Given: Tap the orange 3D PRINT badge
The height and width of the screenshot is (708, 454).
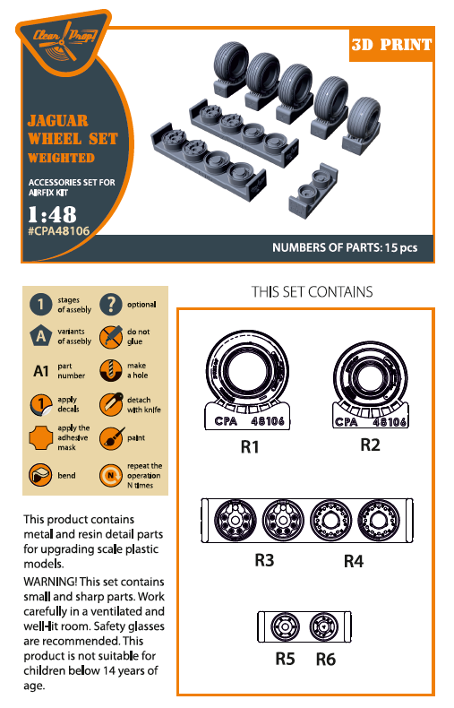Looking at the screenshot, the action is click(x=391, y=45).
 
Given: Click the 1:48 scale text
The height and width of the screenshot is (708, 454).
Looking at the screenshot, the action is click(x=52, y=214).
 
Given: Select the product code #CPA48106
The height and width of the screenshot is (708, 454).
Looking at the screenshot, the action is click(x=59, y=230).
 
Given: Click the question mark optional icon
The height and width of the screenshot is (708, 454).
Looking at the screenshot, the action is click(x=110, y=304).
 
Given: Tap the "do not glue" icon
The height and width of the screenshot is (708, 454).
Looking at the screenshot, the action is click(x=110, y=336).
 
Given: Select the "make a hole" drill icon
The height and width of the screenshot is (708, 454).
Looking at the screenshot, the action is click(x=110, y=370).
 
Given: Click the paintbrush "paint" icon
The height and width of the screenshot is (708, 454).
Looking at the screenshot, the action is click(x=110, y=438).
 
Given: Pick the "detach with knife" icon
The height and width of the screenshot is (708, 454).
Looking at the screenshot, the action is click(x=110, y=404).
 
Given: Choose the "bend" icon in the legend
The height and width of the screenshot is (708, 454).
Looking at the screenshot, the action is click(x=40, y=475).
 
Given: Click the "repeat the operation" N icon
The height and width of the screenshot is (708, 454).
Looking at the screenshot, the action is click(x=110, y=475).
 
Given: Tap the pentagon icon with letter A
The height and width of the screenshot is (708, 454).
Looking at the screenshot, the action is click(x=40, y=336).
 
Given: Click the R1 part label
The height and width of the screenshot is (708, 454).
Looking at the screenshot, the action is click(x=250, y=447).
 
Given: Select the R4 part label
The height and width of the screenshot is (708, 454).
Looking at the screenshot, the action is click(x=354, y=561).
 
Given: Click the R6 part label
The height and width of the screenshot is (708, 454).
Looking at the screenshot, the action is click(x=325, y=660).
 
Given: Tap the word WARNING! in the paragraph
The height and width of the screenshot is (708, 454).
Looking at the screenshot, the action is click(x=50, y=582).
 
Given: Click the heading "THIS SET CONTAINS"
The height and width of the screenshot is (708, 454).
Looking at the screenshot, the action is click(x=313, y=291).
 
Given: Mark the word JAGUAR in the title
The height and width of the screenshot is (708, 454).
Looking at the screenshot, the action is click(x=58, y=121).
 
